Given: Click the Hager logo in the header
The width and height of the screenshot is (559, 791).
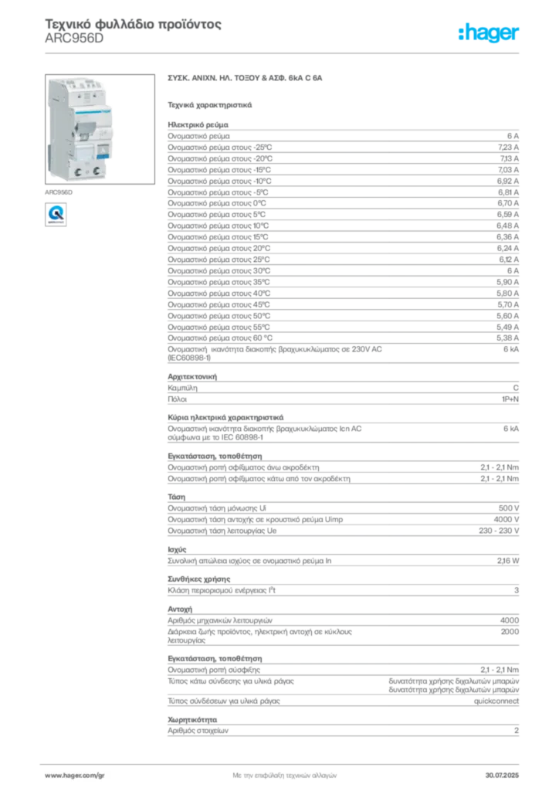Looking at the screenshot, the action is tap(489, 33).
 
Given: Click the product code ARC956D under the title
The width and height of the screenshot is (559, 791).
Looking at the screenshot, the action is tap(74, 39).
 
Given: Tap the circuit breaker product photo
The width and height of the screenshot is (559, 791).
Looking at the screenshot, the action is tap(100, 129).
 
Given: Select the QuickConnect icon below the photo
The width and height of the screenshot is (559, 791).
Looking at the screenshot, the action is tap(56, 215).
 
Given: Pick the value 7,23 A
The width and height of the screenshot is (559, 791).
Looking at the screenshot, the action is tap(508, 148).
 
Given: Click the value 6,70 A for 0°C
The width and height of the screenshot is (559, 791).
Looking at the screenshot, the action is tap(507, 203).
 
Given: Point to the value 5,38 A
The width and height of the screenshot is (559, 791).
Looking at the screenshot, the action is tap(507, 338).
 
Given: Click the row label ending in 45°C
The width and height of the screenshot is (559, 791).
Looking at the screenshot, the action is tap(219, 304).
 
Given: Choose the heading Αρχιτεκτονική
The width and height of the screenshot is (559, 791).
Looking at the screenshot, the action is tap(192, 377).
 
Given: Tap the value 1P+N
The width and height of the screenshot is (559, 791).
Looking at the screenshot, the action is tap(510, 399).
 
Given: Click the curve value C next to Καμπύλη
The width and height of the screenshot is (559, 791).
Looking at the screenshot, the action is tap(516, 388).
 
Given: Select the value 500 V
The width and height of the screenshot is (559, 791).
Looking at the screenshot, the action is tap(509, 508).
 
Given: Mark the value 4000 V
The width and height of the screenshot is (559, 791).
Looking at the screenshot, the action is tap(506, 519).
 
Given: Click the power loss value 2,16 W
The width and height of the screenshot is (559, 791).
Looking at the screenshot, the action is tap(508, 561).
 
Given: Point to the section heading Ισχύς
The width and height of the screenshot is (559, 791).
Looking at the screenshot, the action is tap(177, 550).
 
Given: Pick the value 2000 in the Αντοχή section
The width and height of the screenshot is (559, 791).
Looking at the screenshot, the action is tap(510, 632).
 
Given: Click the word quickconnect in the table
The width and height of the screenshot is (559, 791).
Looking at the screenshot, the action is tap(496, 701).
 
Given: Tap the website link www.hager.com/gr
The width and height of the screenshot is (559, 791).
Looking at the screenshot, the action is tap(75, 776).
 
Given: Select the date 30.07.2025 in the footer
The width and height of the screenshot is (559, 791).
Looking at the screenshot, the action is tap(502, 776).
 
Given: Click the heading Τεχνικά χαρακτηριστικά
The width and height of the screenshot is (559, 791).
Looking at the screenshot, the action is tap(210, 105).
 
